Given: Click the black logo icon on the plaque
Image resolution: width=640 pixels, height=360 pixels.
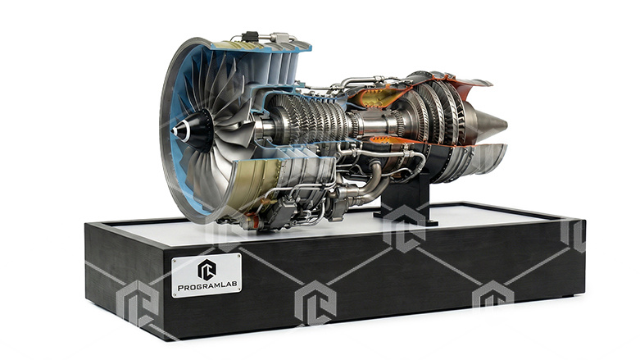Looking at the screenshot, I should tap(207, 268).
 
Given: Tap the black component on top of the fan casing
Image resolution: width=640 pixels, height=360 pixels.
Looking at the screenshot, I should tap(251, 37).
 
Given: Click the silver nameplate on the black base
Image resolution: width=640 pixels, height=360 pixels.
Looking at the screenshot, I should tap(207, 276).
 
